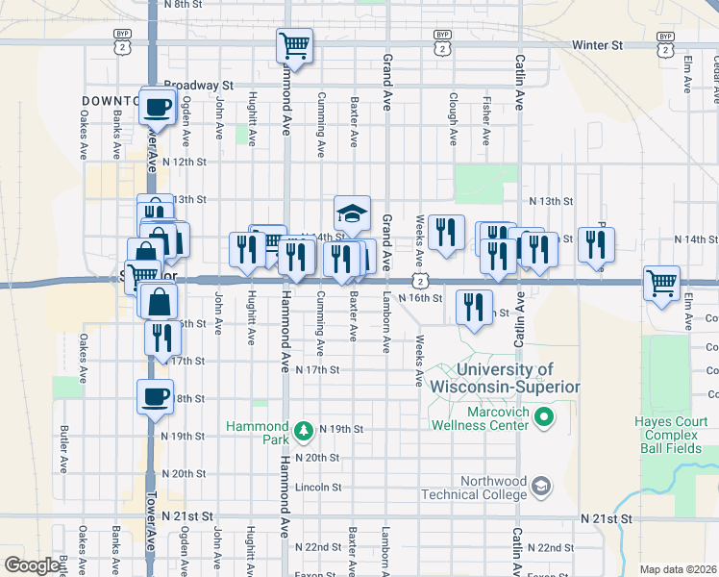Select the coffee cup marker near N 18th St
(155, 396)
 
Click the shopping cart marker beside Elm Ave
(662, 283)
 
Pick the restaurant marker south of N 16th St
(472, 307)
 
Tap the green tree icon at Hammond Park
(304, 428)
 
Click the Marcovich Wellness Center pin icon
(543, 416)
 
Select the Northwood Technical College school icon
(541, 487)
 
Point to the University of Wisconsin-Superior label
(505, 378)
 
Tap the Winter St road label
(597, 45)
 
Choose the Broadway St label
(199, 85)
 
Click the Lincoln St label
(318, 488)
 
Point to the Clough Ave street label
(452, 118)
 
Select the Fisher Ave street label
(486, 118)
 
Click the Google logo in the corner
(32, 565)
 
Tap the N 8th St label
(185, 5)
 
